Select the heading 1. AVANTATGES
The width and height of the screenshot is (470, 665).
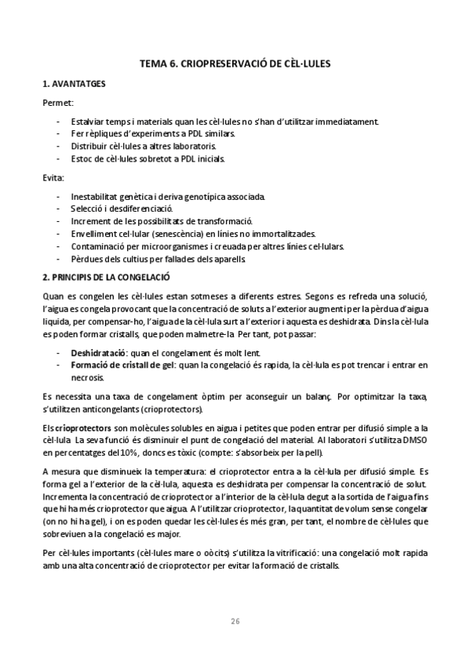(75, 83)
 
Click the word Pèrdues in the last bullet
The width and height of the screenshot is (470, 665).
(87, 259)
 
